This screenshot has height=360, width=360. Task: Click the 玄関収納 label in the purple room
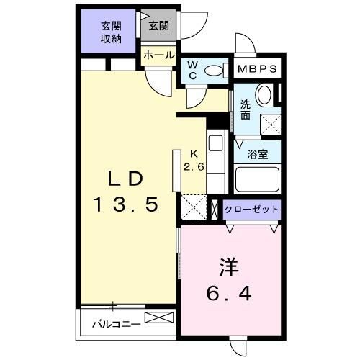pos(110,32)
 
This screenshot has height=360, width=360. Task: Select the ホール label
pos(158,55)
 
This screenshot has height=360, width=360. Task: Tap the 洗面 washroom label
pos(246,109)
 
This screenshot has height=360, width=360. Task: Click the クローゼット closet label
pos(251,210)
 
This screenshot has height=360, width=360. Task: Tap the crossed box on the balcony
pos(159,318)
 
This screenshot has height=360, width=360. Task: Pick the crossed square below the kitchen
pos(194,207)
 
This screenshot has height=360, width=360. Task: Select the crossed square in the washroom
pos(270,124)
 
